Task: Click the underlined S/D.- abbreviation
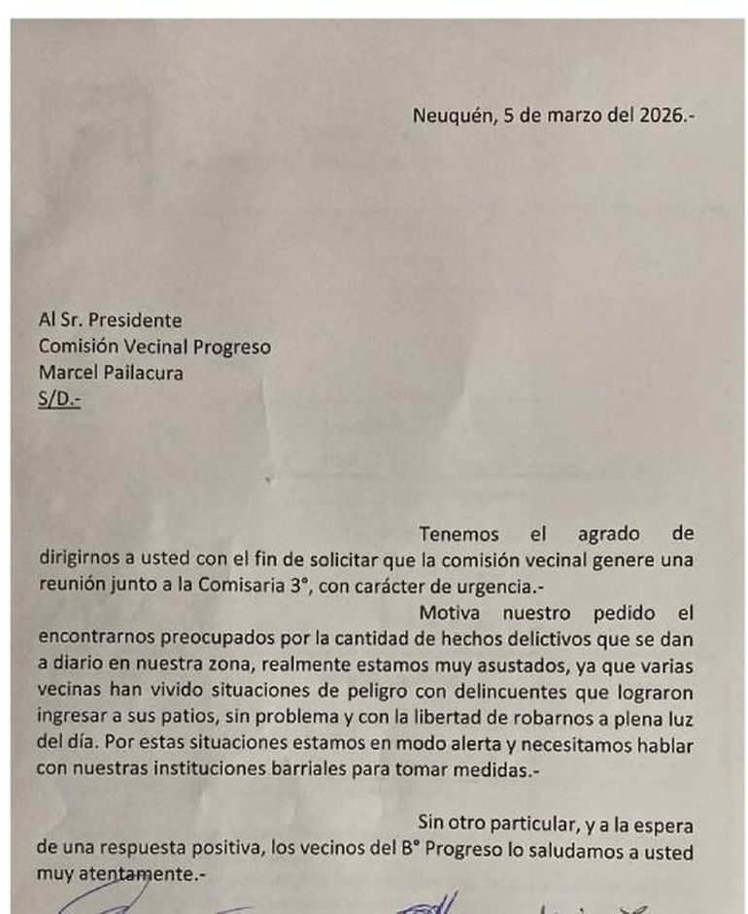pos(59,396)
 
